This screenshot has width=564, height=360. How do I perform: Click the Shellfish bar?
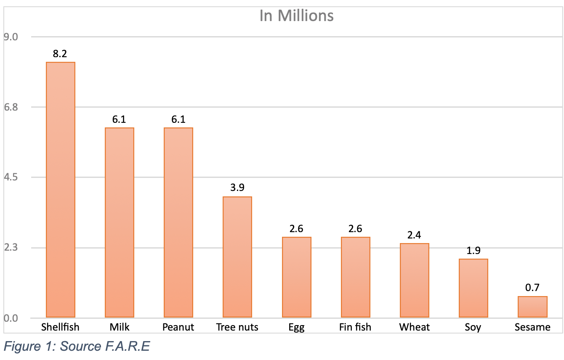pos(61,189)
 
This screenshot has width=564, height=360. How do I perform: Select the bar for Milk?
pos(120,222)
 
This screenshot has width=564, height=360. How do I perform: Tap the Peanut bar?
pos(178,222)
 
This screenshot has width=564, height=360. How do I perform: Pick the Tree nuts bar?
pos(237,257)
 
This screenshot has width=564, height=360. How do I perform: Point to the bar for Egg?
pos(297,277)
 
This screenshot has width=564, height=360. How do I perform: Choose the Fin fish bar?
pos(356,277)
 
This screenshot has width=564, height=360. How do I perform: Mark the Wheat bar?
pos(415,280)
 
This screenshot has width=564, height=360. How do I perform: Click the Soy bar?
pos(474,288)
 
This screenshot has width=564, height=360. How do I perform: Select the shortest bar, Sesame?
pos(532,307)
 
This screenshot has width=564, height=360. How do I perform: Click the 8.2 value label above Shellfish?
pos(60,54)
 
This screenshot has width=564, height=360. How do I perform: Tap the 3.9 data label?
pos(237,188)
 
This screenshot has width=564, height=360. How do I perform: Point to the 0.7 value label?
pos(532,288)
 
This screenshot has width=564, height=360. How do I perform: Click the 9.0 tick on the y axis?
pos(11,37)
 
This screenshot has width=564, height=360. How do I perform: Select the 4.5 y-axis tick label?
pos(11,177)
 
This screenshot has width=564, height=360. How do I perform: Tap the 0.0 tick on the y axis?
pos(11,318)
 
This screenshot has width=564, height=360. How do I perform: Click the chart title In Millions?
pos(296,16)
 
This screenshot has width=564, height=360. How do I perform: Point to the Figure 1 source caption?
pos(77,347)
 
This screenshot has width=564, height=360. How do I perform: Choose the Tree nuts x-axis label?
pos(237,327)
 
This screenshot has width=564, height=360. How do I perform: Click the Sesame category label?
pos(532,327)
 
